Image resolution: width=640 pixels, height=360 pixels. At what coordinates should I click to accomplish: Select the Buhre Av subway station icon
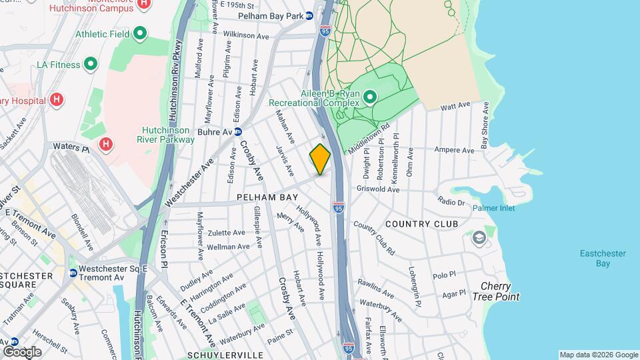click(x=237, y=132)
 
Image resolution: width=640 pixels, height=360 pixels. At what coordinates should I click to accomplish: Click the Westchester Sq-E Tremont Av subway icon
click(x=73, y=272)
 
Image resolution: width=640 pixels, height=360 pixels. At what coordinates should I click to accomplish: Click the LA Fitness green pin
click(x=91, y=65)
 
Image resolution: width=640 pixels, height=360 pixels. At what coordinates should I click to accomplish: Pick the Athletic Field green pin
click(x=140, y=33)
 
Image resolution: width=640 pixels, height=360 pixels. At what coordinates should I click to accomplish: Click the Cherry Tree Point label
click(x=500, y=291)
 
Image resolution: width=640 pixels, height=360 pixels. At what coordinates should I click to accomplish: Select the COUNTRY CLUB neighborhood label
click(x=421, y=224)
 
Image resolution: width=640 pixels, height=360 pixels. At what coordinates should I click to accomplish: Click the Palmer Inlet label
click(x=494, y=208)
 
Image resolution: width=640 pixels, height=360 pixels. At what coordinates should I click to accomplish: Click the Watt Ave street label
click(x=456, y=106)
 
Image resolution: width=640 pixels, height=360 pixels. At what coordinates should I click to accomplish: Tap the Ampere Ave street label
click(x=453, y=150)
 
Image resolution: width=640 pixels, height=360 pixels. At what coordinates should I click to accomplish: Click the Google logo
click(x=21, y=351)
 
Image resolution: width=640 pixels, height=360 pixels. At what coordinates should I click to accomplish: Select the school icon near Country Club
click(x=479, y=237)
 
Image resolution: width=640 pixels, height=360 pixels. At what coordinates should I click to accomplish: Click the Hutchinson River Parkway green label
click(x=168, y=135)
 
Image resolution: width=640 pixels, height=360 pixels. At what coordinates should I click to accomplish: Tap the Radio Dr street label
click(x=451, y=201)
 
